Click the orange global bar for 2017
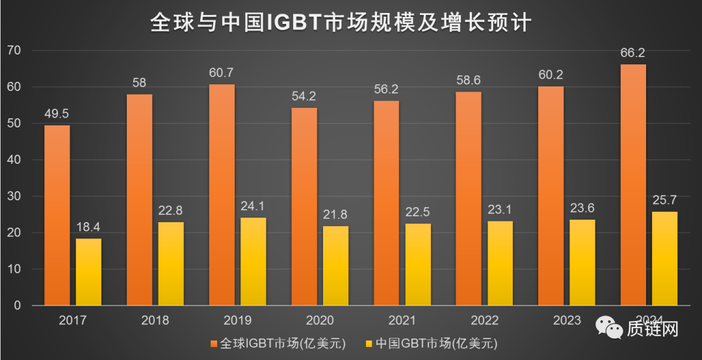tap(57, 214)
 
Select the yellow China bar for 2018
tap(170, 263)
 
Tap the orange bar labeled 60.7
tap(222, 195)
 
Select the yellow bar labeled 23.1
tap(500, 263)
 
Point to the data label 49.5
tap(57, 114)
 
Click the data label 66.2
tap(633, 53)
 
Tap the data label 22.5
tap(417, 212)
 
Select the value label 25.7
tap(665, 201)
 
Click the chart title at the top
tap(341, 23)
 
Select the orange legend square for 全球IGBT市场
tap(214, 342)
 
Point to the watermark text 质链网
tap(652, 329)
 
